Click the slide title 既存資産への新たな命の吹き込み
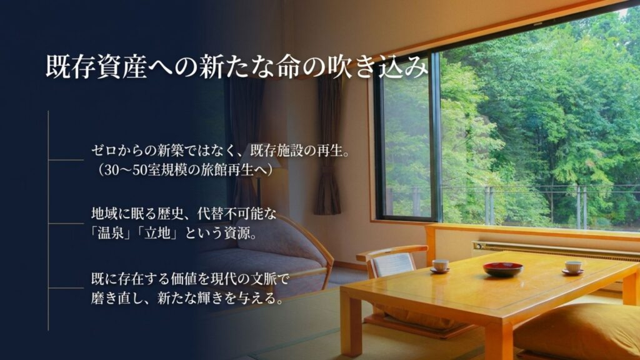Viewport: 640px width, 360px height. (237, 66)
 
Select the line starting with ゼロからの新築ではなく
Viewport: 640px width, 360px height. (221, 151)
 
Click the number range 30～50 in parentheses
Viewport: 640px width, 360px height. (124, 170)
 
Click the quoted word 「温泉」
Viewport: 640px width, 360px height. (111, 234)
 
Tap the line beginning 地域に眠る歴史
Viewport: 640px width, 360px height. (184, 214)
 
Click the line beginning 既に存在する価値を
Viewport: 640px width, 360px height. (190, 279)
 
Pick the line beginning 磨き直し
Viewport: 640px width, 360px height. (187, 299)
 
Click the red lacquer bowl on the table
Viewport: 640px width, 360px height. (503, 269)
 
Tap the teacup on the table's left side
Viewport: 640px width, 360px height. (440, 266)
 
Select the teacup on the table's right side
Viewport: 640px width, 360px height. (572, 267)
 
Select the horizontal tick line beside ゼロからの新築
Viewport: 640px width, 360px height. (66, 160)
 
